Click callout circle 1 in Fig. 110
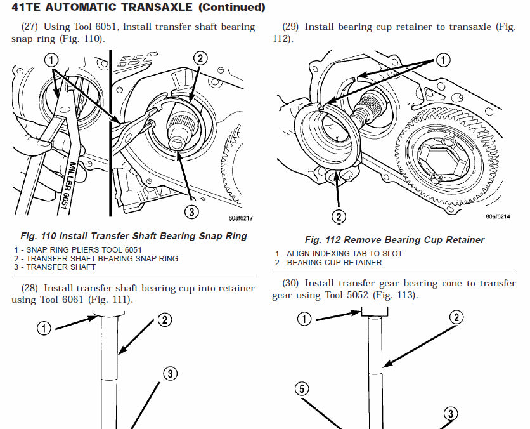(51, 60)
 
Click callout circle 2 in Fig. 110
(200, 58)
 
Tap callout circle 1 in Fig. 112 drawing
(443, 60)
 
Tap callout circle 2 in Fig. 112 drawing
(339, 217)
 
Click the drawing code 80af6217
(241, 218)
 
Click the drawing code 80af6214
(498, 216)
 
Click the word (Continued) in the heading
(223, 8)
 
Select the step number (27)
(29, 27)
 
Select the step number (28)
(29, 288)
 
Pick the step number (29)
(290, 27)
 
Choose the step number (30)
(290, 282)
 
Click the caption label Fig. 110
(40, 236)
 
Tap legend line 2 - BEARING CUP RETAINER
(328, 262)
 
